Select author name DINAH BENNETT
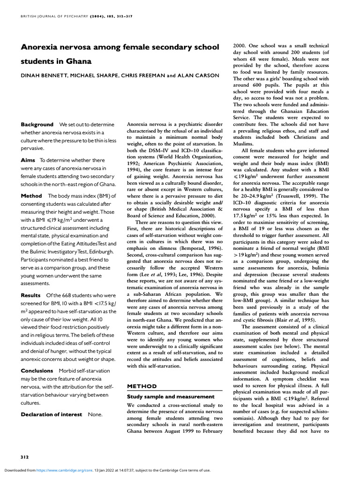point(45,75)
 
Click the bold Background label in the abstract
point(37,125)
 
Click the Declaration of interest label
point(51,414)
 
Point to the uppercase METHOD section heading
point(142,386)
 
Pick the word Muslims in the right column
point(243,143)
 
